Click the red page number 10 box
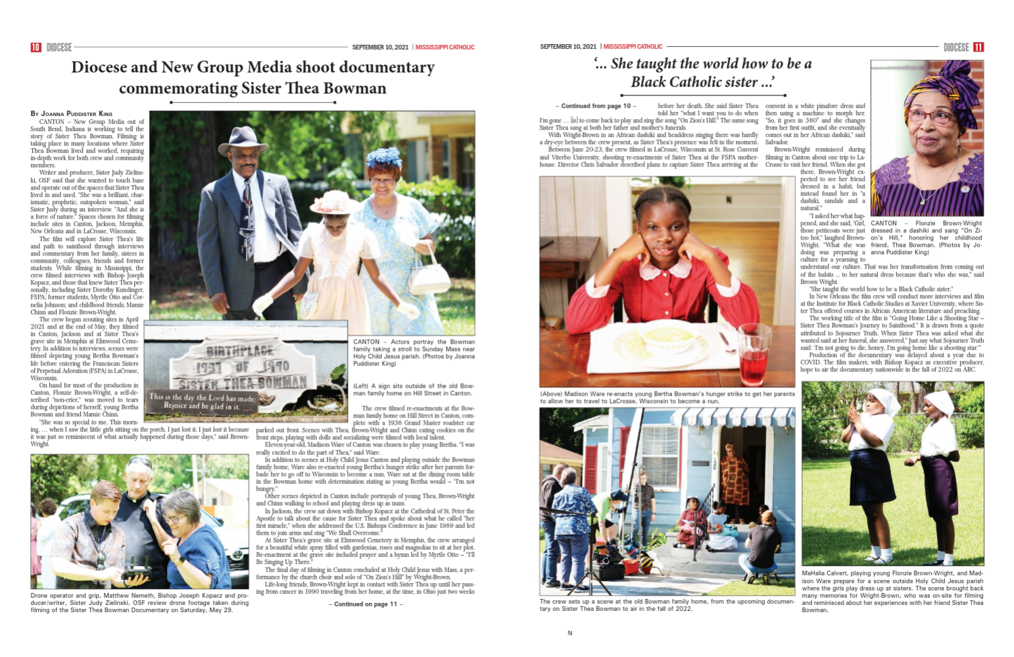[x=36, y=47]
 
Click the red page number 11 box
[x=978, y=47]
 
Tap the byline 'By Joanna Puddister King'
[x=71, y=113]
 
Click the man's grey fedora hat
[x=243, y=140]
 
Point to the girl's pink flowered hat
[x=337, y=201]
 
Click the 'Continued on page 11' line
[x=365, y=604]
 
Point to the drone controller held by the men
[x=135, y=573]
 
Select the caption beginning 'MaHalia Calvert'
[x=892, y=591]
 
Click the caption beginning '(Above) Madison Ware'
[x=667, y=397]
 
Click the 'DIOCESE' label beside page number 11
[x=955, y=47]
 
